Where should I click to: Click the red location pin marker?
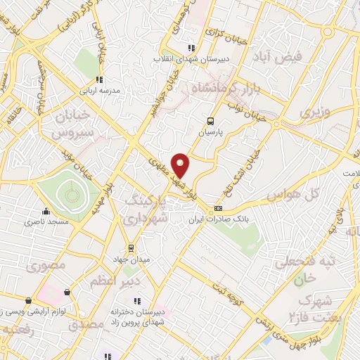point(181,165)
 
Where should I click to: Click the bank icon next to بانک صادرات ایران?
point(218,208)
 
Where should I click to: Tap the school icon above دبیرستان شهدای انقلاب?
point(191,48)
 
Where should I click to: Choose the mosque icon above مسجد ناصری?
point(46,211)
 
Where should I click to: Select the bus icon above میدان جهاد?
point(129,247)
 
